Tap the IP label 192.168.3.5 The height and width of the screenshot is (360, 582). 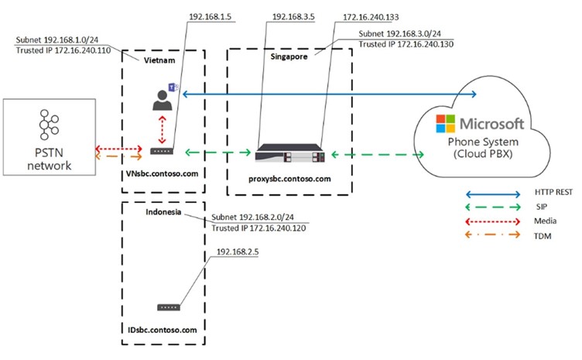coord(287,14)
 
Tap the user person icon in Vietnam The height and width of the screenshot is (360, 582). coord(162,98)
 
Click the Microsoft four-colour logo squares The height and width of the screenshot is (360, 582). coord(446,124)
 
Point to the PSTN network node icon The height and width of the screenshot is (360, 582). coord(49,125)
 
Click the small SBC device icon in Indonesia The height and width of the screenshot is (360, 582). coord(164,307)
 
